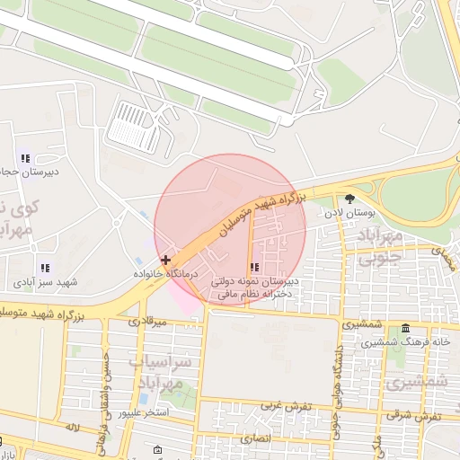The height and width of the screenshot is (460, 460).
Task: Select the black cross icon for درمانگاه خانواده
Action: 165,259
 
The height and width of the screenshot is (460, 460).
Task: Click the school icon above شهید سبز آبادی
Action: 44,268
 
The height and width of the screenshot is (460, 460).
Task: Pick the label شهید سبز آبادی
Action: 45,282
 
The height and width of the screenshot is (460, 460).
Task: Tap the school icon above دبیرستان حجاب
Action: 24,158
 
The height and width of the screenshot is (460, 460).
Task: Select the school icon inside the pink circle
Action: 256,267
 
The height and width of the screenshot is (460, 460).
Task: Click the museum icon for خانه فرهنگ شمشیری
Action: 406,328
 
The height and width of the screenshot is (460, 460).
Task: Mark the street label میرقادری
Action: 147,321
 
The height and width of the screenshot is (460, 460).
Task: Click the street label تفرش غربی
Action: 285,405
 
